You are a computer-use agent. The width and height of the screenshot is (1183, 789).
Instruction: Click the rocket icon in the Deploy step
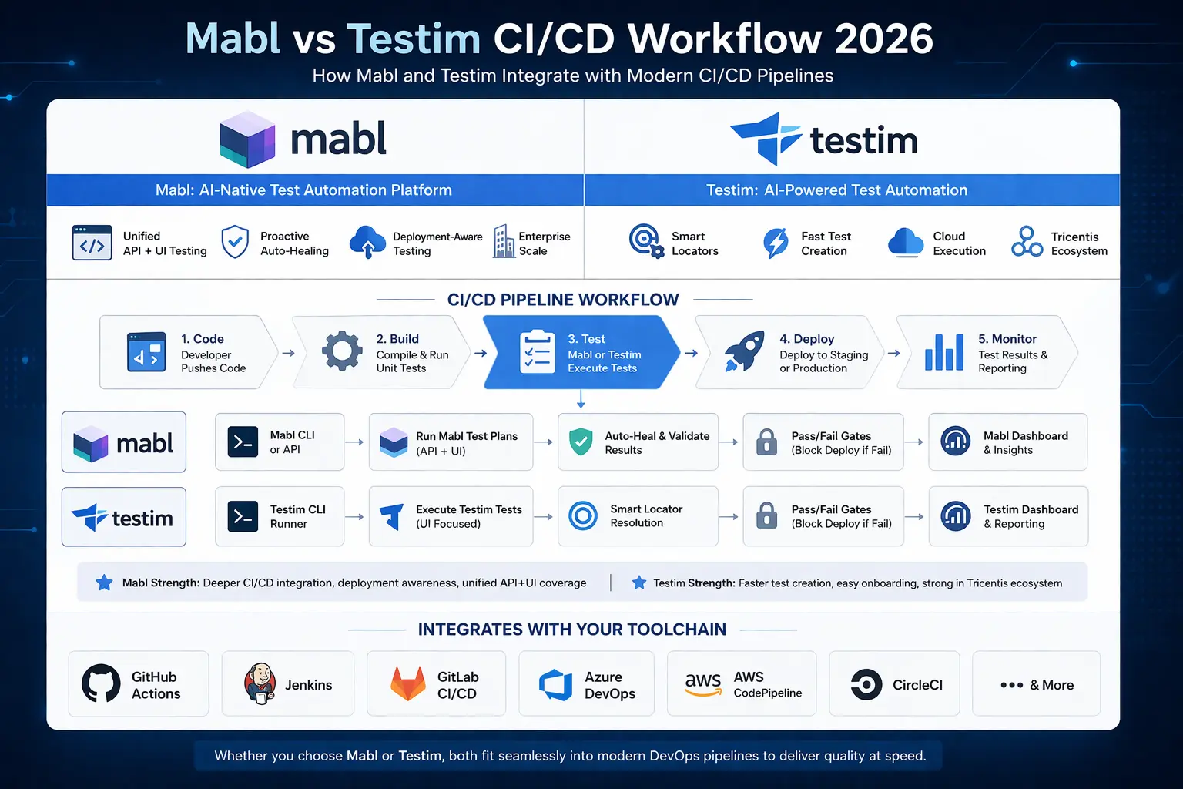744,351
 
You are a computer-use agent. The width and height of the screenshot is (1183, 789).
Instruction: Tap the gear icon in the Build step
342,351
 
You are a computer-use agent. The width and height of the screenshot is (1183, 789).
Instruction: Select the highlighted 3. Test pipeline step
581,353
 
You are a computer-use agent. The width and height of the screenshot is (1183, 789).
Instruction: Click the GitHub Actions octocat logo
101,683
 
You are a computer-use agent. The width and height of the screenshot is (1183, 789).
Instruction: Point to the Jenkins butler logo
260,683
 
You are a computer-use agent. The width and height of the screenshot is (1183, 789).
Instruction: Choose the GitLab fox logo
408,684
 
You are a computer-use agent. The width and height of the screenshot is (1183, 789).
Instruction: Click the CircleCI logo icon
866,684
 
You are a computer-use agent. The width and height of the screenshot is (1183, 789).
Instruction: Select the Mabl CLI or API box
280,442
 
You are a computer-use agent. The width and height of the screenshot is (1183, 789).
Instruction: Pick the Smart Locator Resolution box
638,516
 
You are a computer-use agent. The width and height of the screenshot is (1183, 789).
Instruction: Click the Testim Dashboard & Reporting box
1008,516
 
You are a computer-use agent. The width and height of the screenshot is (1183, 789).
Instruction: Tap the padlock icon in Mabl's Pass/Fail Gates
766,442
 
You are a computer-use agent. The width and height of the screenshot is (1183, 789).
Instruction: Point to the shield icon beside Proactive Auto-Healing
235,243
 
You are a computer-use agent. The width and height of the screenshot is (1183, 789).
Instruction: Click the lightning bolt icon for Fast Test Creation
776,243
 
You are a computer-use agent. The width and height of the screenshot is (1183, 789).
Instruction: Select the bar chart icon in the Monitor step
944,352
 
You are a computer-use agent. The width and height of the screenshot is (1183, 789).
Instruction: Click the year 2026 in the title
883,39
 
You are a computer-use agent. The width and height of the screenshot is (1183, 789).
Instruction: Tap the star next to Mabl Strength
104,583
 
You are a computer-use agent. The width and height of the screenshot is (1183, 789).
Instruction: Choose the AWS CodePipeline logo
703,683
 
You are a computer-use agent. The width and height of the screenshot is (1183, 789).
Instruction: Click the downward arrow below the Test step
581,399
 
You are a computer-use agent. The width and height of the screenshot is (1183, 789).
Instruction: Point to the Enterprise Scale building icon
504,242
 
